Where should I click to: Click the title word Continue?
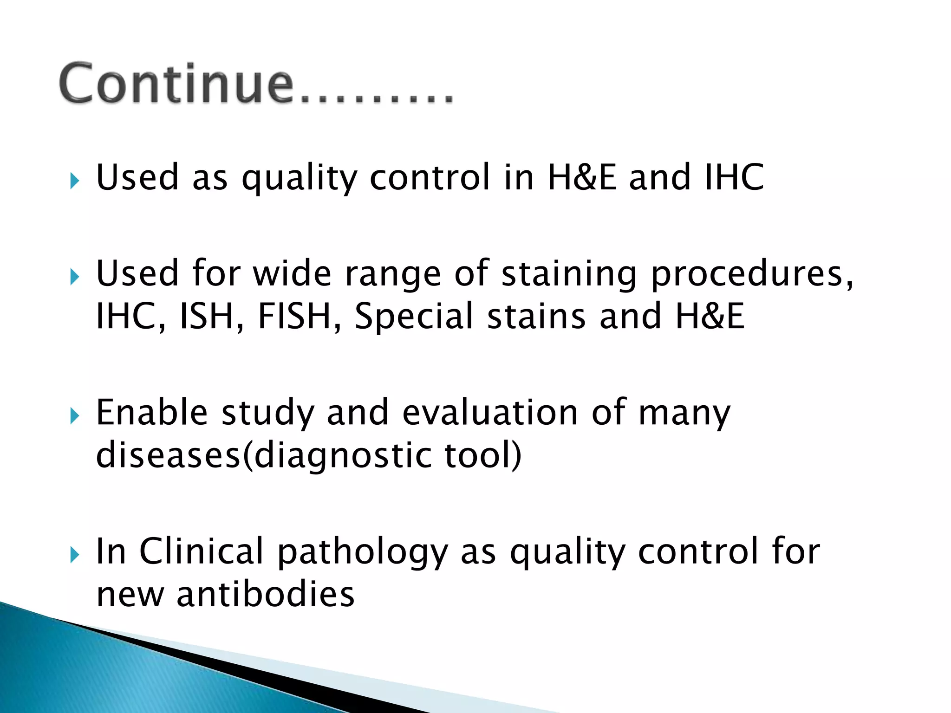pyautogui.click(x=176, y=84)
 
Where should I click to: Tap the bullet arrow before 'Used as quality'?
pyautogui.click(x=75, y=180)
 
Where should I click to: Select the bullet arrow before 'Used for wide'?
pyautogui.click(x=75, y=277)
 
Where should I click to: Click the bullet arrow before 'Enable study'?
pyautogui.click(x=75, y=415)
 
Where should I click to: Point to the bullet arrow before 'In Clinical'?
pyautogui.click(x=75, y=554)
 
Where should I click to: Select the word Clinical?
pyautogui.click(x=202, y=551)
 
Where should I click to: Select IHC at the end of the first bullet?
pyautogui.click(x=734, y=177)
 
